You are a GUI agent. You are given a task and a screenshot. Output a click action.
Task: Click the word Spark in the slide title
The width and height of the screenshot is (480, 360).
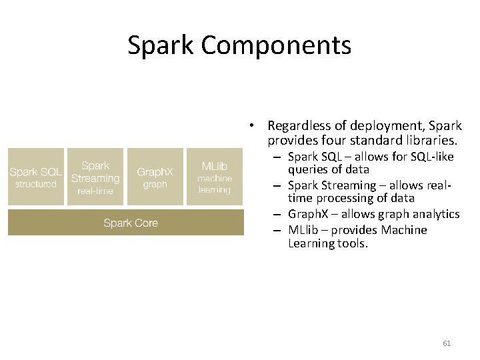click(161, 45)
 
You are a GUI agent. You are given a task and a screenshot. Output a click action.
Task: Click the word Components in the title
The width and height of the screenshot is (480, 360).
click(275, 45)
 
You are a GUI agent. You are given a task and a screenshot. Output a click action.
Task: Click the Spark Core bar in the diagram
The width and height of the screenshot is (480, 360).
click(126, 223)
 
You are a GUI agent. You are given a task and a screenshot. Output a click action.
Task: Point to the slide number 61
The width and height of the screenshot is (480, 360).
click(447, 343)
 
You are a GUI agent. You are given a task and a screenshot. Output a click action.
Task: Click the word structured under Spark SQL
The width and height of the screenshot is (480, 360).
click(36, 184)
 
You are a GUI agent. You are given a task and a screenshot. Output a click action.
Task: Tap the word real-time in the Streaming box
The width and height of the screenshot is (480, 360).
click(95, 191)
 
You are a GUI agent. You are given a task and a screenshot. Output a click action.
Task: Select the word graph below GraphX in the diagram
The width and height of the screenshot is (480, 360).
click(155, 185)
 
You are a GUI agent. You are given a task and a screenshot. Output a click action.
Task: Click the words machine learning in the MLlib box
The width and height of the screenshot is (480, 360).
click(215, 184)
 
